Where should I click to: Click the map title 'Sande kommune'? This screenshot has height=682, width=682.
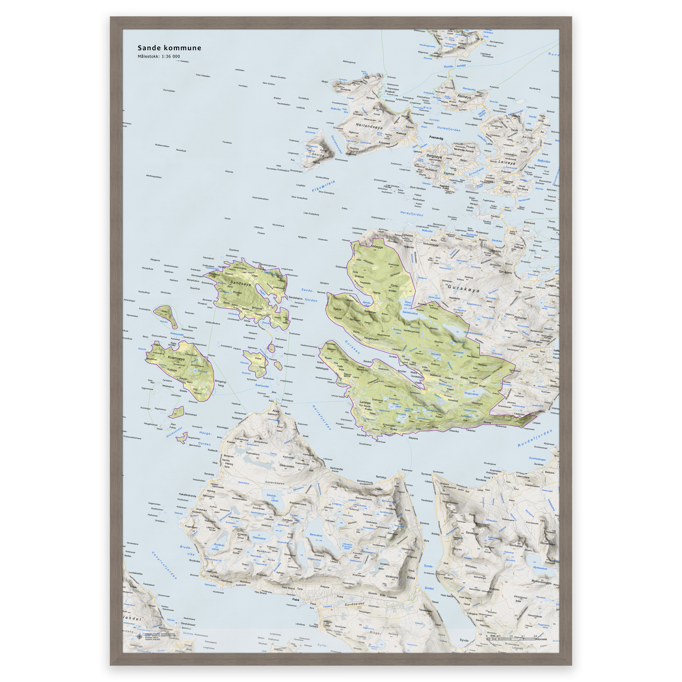click(x=169, y=48)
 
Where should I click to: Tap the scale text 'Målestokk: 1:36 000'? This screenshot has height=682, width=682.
click(x=159, y=57)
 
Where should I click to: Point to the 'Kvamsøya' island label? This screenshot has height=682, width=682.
click(x=176, y=358)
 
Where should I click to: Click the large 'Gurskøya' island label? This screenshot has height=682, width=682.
click(x=464, y=288)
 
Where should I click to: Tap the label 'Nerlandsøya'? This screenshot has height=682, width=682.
click(x=369, y=125)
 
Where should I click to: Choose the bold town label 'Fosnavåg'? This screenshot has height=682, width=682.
click(x=436, y=138)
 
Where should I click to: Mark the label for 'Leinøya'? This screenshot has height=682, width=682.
click(x=507, y=163)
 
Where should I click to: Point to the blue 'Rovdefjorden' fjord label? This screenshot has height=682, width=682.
click(x=534, y=438)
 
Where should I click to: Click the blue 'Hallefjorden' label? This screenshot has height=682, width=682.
click(x=322, y=417)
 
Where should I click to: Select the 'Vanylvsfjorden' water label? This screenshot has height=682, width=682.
click(x=164, y=565)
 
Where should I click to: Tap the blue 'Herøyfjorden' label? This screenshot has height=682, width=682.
click(x=412, y=213)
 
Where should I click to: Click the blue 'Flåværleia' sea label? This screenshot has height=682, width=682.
click(x=323, y=186)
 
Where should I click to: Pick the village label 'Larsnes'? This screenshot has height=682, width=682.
click(x=365, y=402)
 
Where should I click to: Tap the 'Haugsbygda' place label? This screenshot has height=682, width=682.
click(x=371, y=339)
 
